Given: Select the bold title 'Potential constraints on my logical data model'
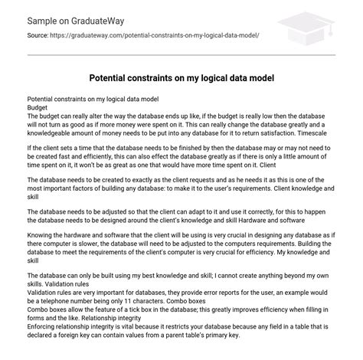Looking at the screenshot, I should click(x=181, y=79).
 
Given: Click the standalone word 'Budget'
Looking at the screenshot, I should click(x=38, y=108).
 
